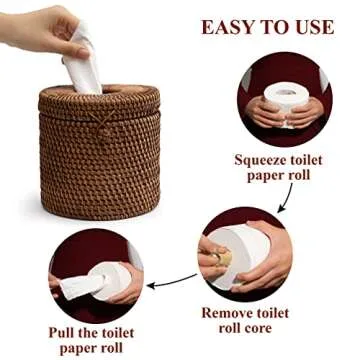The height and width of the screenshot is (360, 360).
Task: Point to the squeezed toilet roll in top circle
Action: tap(286, 100)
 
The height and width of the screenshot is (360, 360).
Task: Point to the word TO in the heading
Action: tap(277, 25)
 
